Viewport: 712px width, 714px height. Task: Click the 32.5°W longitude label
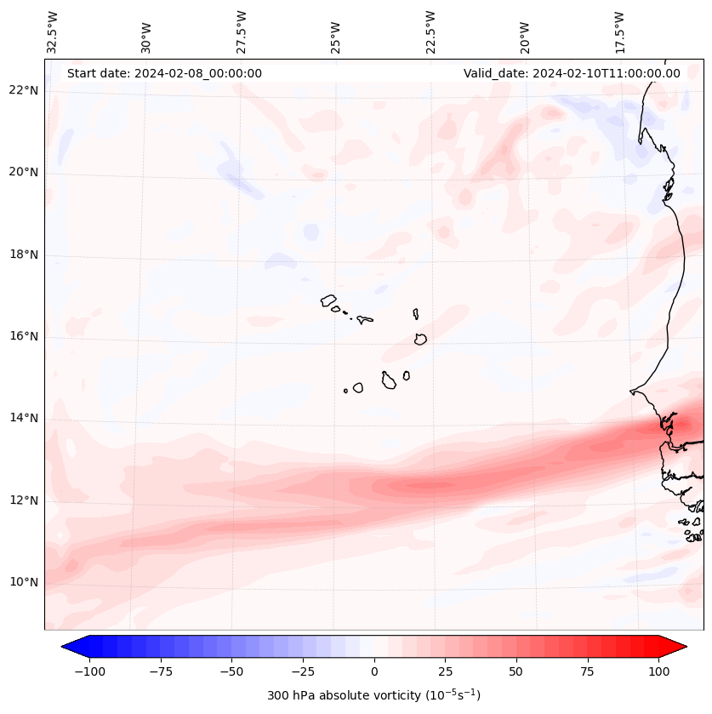[53, 31]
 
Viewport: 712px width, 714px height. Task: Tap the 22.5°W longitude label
[430, 31]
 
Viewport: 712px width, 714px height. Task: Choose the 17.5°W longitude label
[619, 31]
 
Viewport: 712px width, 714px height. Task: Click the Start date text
[164, 73]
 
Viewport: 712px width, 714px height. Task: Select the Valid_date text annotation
[572, 73]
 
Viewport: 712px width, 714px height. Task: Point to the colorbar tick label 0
[373, 671]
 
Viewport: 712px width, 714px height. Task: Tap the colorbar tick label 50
[515, 671]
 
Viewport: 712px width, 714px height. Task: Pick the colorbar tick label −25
[302, 671]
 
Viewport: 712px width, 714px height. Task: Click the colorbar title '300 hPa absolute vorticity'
[373, 695]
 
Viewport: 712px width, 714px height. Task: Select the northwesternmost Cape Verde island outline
[328, 300]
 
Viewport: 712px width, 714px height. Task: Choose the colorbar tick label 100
[658, 671]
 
